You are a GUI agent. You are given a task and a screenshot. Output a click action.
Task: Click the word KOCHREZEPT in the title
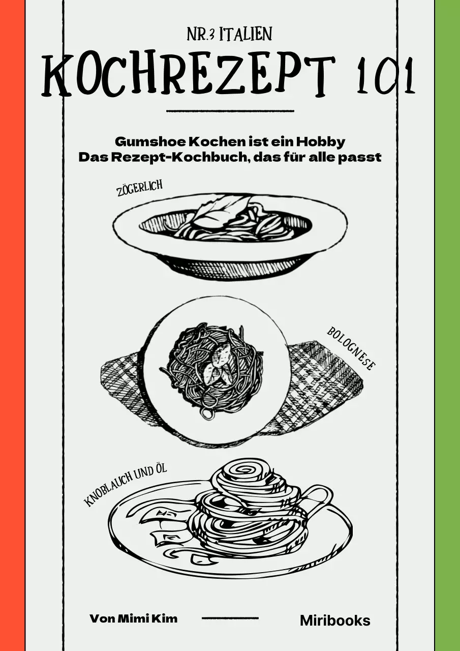coord(188,76)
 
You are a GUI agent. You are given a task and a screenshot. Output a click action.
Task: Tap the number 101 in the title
coord(386,76)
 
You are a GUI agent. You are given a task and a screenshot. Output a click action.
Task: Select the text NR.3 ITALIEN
coord(230,35)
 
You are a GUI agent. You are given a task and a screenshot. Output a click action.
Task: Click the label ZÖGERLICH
coord(140,189)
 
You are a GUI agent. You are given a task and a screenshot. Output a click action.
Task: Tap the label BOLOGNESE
coord(351,348)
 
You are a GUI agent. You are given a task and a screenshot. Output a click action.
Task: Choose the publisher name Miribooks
coord(335,620)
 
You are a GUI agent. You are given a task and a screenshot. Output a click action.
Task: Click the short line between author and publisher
coord(230,618)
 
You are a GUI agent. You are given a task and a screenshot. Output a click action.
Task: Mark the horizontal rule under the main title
coord(230,110)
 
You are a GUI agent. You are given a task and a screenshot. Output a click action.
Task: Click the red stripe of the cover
coord(12,325)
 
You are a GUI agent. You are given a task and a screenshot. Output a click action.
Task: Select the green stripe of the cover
coord(447,325)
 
